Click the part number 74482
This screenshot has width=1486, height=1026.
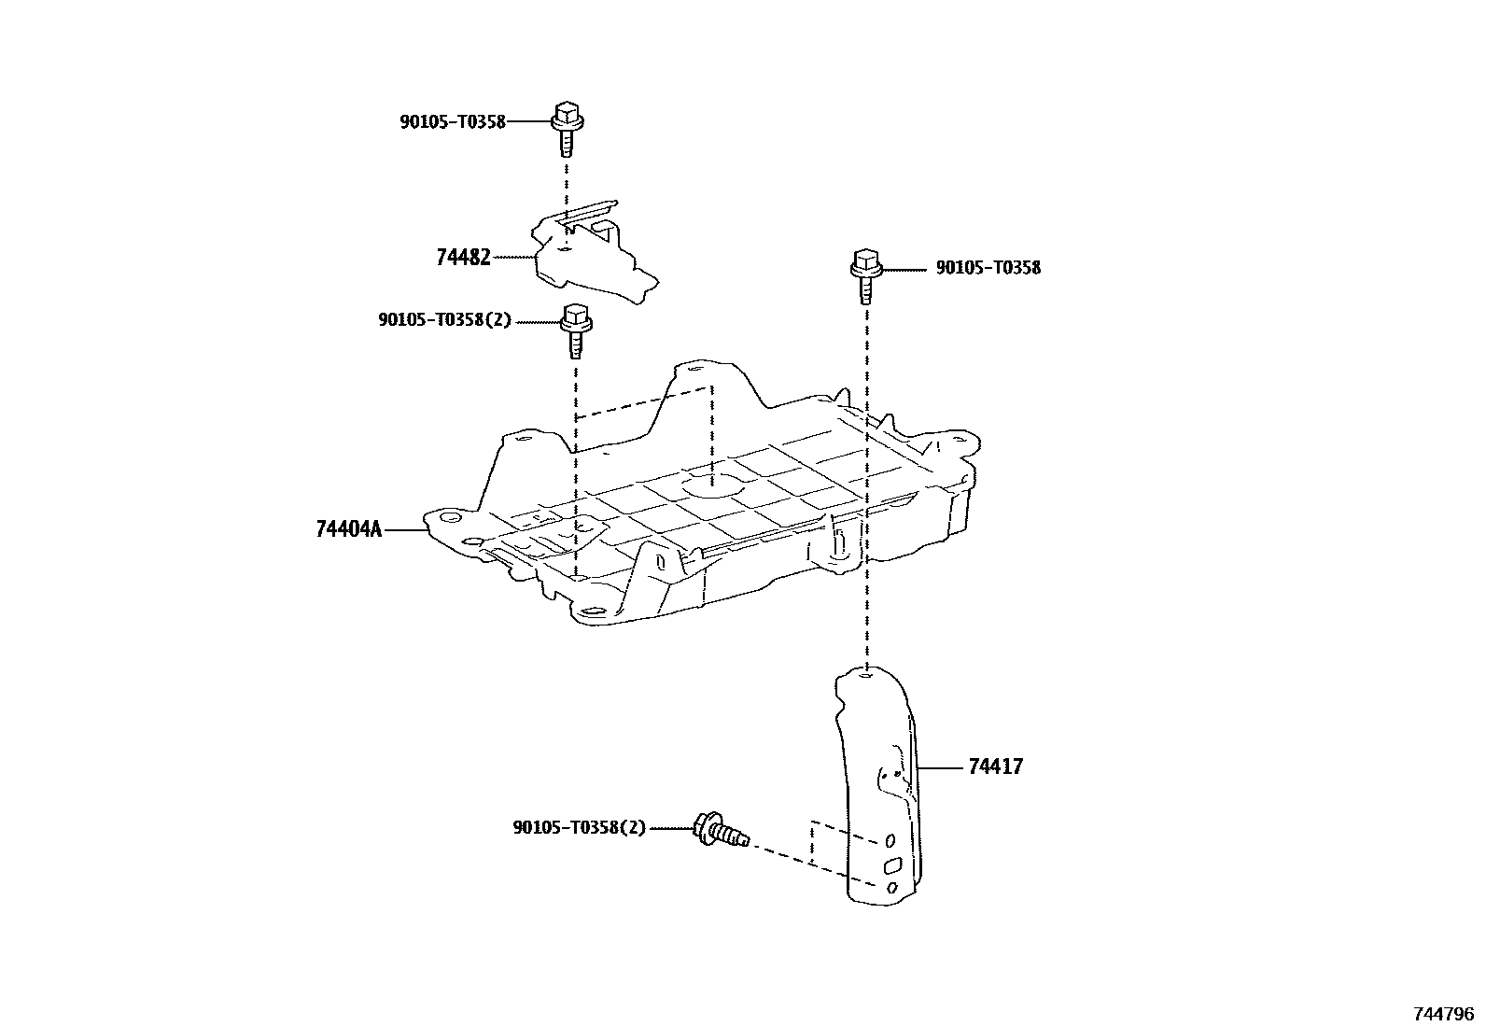(x=463, y=257)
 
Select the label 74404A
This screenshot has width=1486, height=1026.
(x=349, y=529)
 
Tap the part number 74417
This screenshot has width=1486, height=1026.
(x=995, y=767)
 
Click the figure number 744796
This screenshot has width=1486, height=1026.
(x=1443, y=1013)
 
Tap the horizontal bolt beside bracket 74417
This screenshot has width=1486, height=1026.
(x=721, y=829)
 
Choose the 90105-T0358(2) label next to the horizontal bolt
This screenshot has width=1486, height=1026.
(x=579, y=827)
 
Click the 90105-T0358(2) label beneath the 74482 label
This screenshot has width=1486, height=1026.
(x=445, y=319)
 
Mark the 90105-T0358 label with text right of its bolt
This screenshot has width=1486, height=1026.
(x=988, y=268)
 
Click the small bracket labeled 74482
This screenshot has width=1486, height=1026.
(x=588, y=257)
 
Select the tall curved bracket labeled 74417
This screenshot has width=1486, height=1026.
(x=877, y=784)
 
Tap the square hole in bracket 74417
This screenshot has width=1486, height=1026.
(x=891, y=864)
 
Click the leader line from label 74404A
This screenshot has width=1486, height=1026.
(x=405, y=529)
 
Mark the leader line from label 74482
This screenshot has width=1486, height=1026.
(x=513, y=257)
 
